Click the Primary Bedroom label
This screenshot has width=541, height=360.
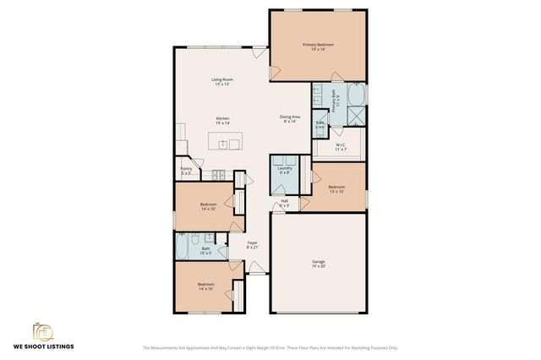click(x=319, y=46)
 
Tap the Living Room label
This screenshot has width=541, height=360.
click(x=222, y=82)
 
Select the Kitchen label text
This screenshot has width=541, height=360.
click(x=222, y=121)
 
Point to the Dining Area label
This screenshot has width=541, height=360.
click(x=289, y=118)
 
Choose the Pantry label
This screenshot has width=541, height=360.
click(x=187, y=170)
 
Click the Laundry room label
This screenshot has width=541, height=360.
click(x=284, y=170)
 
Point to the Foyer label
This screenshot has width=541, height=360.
click(x=252, y=245)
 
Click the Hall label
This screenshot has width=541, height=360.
click(x=284, y=202)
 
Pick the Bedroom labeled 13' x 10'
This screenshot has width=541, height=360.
click(x=336, y=188)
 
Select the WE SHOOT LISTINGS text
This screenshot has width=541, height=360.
click(x=42, y=346)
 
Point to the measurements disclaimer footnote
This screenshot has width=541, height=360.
click(x=270, y=346)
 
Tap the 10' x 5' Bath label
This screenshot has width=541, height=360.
click(x=205, y=251)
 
